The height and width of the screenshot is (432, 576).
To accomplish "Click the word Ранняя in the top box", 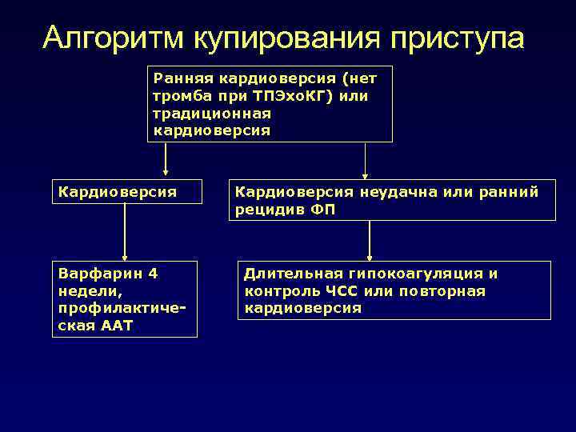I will (178, 79).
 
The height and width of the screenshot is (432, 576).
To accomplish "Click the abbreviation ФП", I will (323, 210).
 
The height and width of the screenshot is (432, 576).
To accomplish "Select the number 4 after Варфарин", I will (153, 274).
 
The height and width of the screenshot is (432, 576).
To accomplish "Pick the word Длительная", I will (290, 274).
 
